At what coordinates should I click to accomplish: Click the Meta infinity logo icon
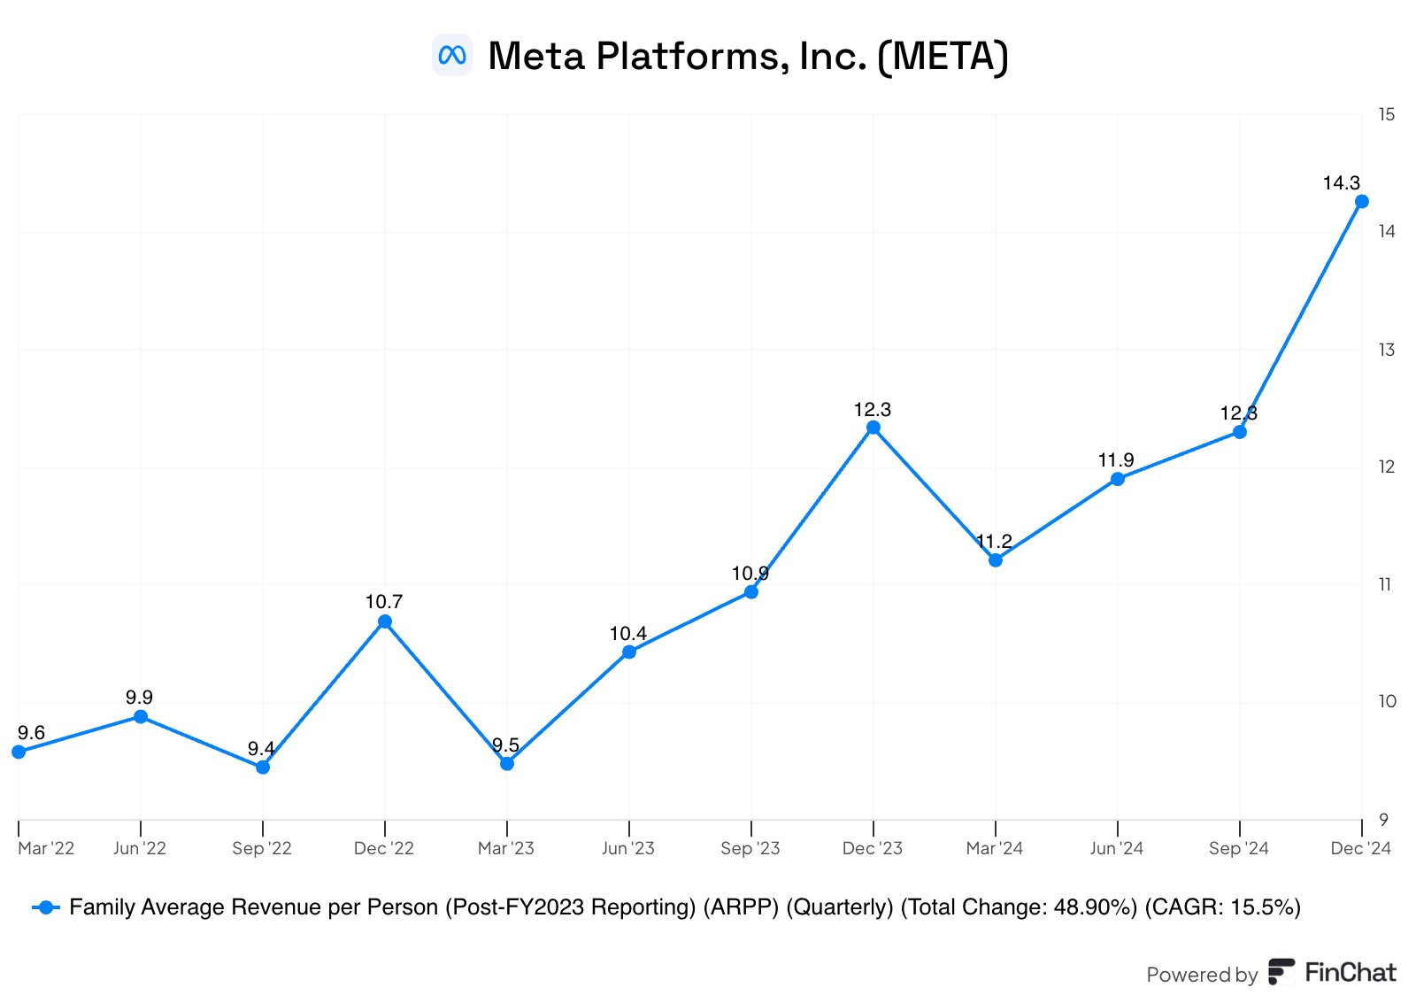[x=452, y=55]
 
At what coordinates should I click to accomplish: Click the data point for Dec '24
[x=1361, y=202]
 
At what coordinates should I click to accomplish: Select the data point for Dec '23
[x=873, y=428]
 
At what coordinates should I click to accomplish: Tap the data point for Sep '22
[x=262, y=767]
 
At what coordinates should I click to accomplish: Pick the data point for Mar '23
[x=506, y=763]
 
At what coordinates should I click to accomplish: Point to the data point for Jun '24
[x=1117, y=479]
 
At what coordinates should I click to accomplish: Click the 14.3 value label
[x=1341, y=183]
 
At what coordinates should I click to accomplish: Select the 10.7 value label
[x=384, y=602]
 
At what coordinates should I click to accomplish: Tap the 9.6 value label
[x=31, y=733]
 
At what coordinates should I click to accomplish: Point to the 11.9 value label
[x=1116, y=460]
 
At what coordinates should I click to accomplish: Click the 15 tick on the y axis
[x=1386, y=114]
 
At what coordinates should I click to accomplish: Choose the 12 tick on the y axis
[x=1386, y=467]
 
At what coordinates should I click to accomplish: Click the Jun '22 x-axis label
[x=140, y=848]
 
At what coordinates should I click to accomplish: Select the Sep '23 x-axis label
[x=750, y=848]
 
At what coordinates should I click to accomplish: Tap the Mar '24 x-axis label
[x=994, y=848]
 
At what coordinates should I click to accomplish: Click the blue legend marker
[x=45, y=907]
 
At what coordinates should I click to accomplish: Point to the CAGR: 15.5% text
[x=1222, y=907]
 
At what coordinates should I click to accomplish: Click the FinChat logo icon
[x=1281, y=972]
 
